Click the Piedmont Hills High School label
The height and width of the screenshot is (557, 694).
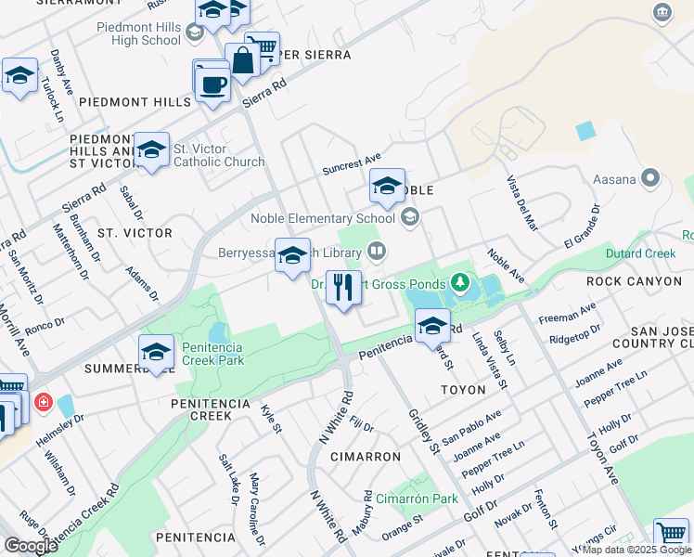[139, 33]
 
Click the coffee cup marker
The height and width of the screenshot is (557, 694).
[212, 84]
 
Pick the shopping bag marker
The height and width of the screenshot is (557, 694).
[243, 60]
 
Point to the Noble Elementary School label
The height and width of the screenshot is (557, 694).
[324, 219]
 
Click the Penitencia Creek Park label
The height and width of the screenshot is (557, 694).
[212, 354]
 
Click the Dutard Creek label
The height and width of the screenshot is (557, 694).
[641, 253]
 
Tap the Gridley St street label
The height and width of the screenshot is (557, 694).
[424, 431]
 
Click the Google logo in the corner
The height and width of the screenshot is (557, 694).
[31, 546]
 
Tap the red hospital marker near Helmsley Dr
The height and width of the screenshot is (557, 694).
[43, 403]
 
